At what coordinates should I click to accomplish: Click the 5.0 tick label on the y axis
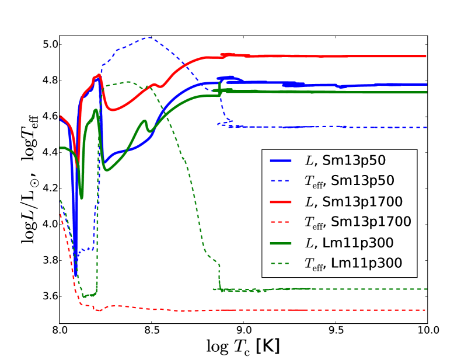(x=48, y=44)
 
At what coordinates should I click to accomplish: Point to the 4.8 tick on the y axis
(x=48, y=81)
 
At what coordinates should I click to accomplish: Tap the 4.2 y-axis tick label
(x=48, y=188)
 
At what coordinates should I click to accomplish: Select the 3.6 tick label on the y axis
(x=48, y=296)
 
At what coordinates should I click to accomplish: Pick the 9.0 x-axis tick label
(x=243, y=328)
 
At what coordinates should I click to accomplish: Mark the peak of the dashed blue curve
(x=150, y=37)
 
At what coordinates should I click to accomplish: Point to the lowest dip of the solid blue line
(x=75, y=275)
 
